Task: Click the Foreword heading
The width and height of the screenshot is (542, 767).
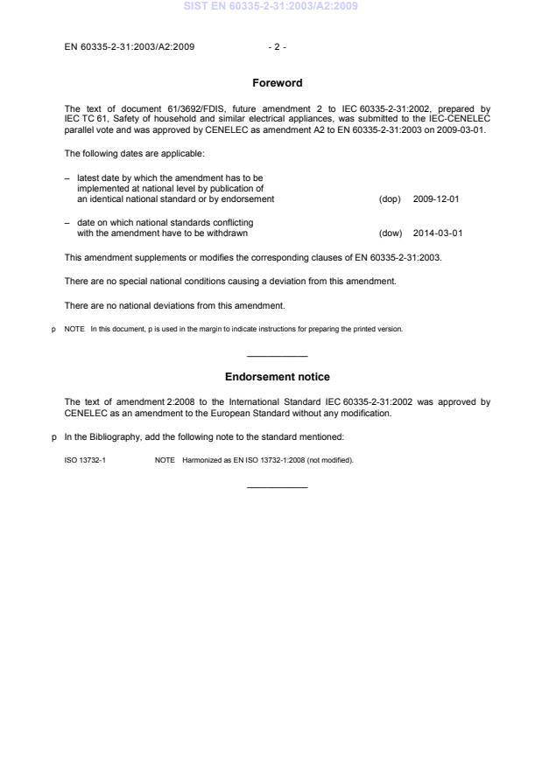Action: tap(277, 83)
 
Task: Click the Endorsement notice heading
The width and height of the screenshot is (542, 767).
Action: tap(277, 377)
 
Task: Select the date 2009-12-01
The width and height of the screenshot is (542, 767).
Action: tap(436, 199)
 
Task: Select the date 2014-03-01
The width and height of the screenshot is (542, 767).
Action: tap(436, 234)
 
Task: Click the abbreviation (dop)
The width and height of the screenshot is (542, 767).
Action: tap(390, 199)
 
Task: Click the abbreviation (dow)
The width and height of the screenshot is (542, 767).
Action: tap(390, 234)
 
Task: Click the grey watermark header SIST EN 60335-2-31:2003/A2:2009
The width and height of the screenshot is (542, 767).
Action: tap(271, 7)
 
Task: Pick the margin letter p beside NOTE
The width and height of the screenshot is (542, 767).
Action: tap(54, 329)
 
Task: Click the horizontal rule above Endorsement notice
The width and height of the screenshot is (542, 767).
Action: tap(277, 355)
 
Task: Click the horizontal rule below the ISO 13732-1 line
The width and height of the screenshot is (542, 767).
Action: tap(277, 486)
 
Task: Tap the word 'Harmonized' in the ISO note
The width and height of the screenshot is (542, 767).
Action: tap(201, 460)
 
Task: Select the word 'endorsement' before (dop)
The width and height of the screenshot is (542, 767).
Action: tap(250, 199)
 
